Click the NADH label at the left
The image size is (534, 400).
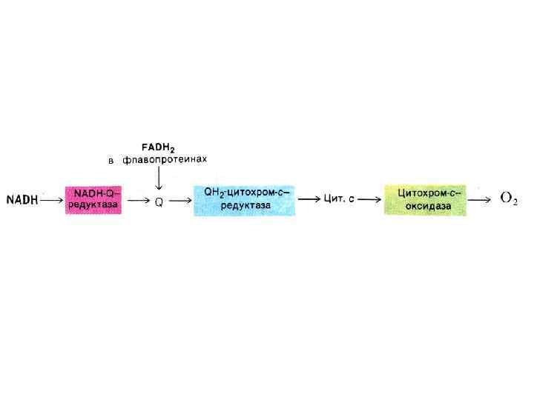click(22, 199)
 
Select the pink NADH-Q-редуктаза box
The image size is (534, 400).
click(94, 199)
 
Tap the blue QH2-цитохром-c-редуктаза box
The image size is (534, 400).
click(244, 199)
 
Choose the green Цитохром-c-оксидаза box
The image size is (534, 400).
click(425, 199)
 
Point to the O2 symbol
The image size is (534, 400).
click(509, 199)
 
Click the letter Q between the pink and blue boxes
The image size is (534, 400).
click(159, 201)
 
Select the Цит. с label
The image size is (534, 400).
click(340, 199)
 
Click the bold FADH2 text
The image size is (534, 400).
click(159, 147)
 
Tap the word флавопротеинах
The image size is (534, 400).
click(165, 159)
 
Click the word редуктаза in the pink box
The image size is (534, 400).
click(93, 205)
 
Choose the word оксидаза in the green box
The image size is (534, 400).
click(424, 206)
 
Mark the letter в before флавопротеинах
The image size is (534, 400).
click(111, 160)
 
